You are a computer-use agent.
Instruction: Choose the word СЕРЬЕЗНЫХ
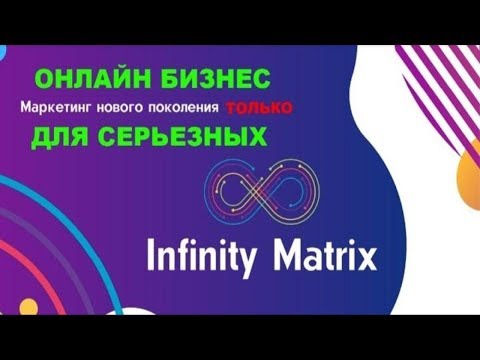[179, 137]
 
